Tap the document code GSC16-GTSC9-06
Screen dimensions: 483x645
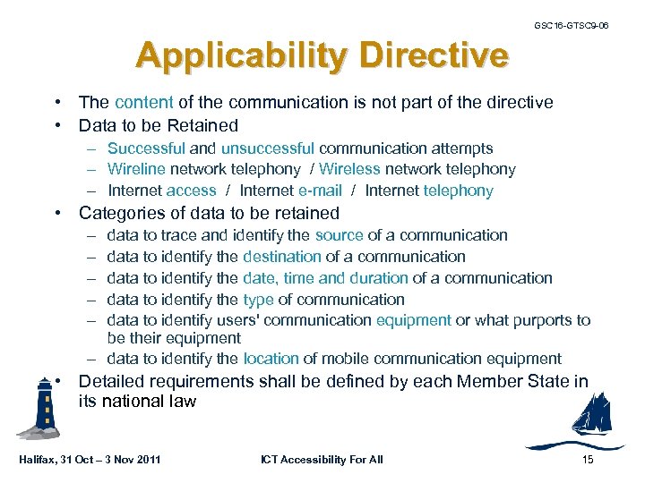[x=572, y=25]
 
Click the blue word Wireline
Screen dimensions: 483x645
[x=136, y=169]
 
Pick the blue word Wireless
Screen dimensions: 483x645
[x=349, y=169]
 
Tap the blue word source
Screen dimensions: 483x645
[x=339, y=235]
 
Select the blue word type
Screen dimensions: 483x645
[x=258, y=300]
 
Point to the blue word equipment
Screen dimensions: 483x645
[x=413, y=320]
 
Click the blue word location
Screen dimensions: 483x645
[x=271, y=359]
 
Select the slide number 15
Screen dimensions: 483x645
[x=587, y=460]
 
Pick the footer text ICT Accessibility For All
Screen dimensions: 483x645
[x=322, y=460]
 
